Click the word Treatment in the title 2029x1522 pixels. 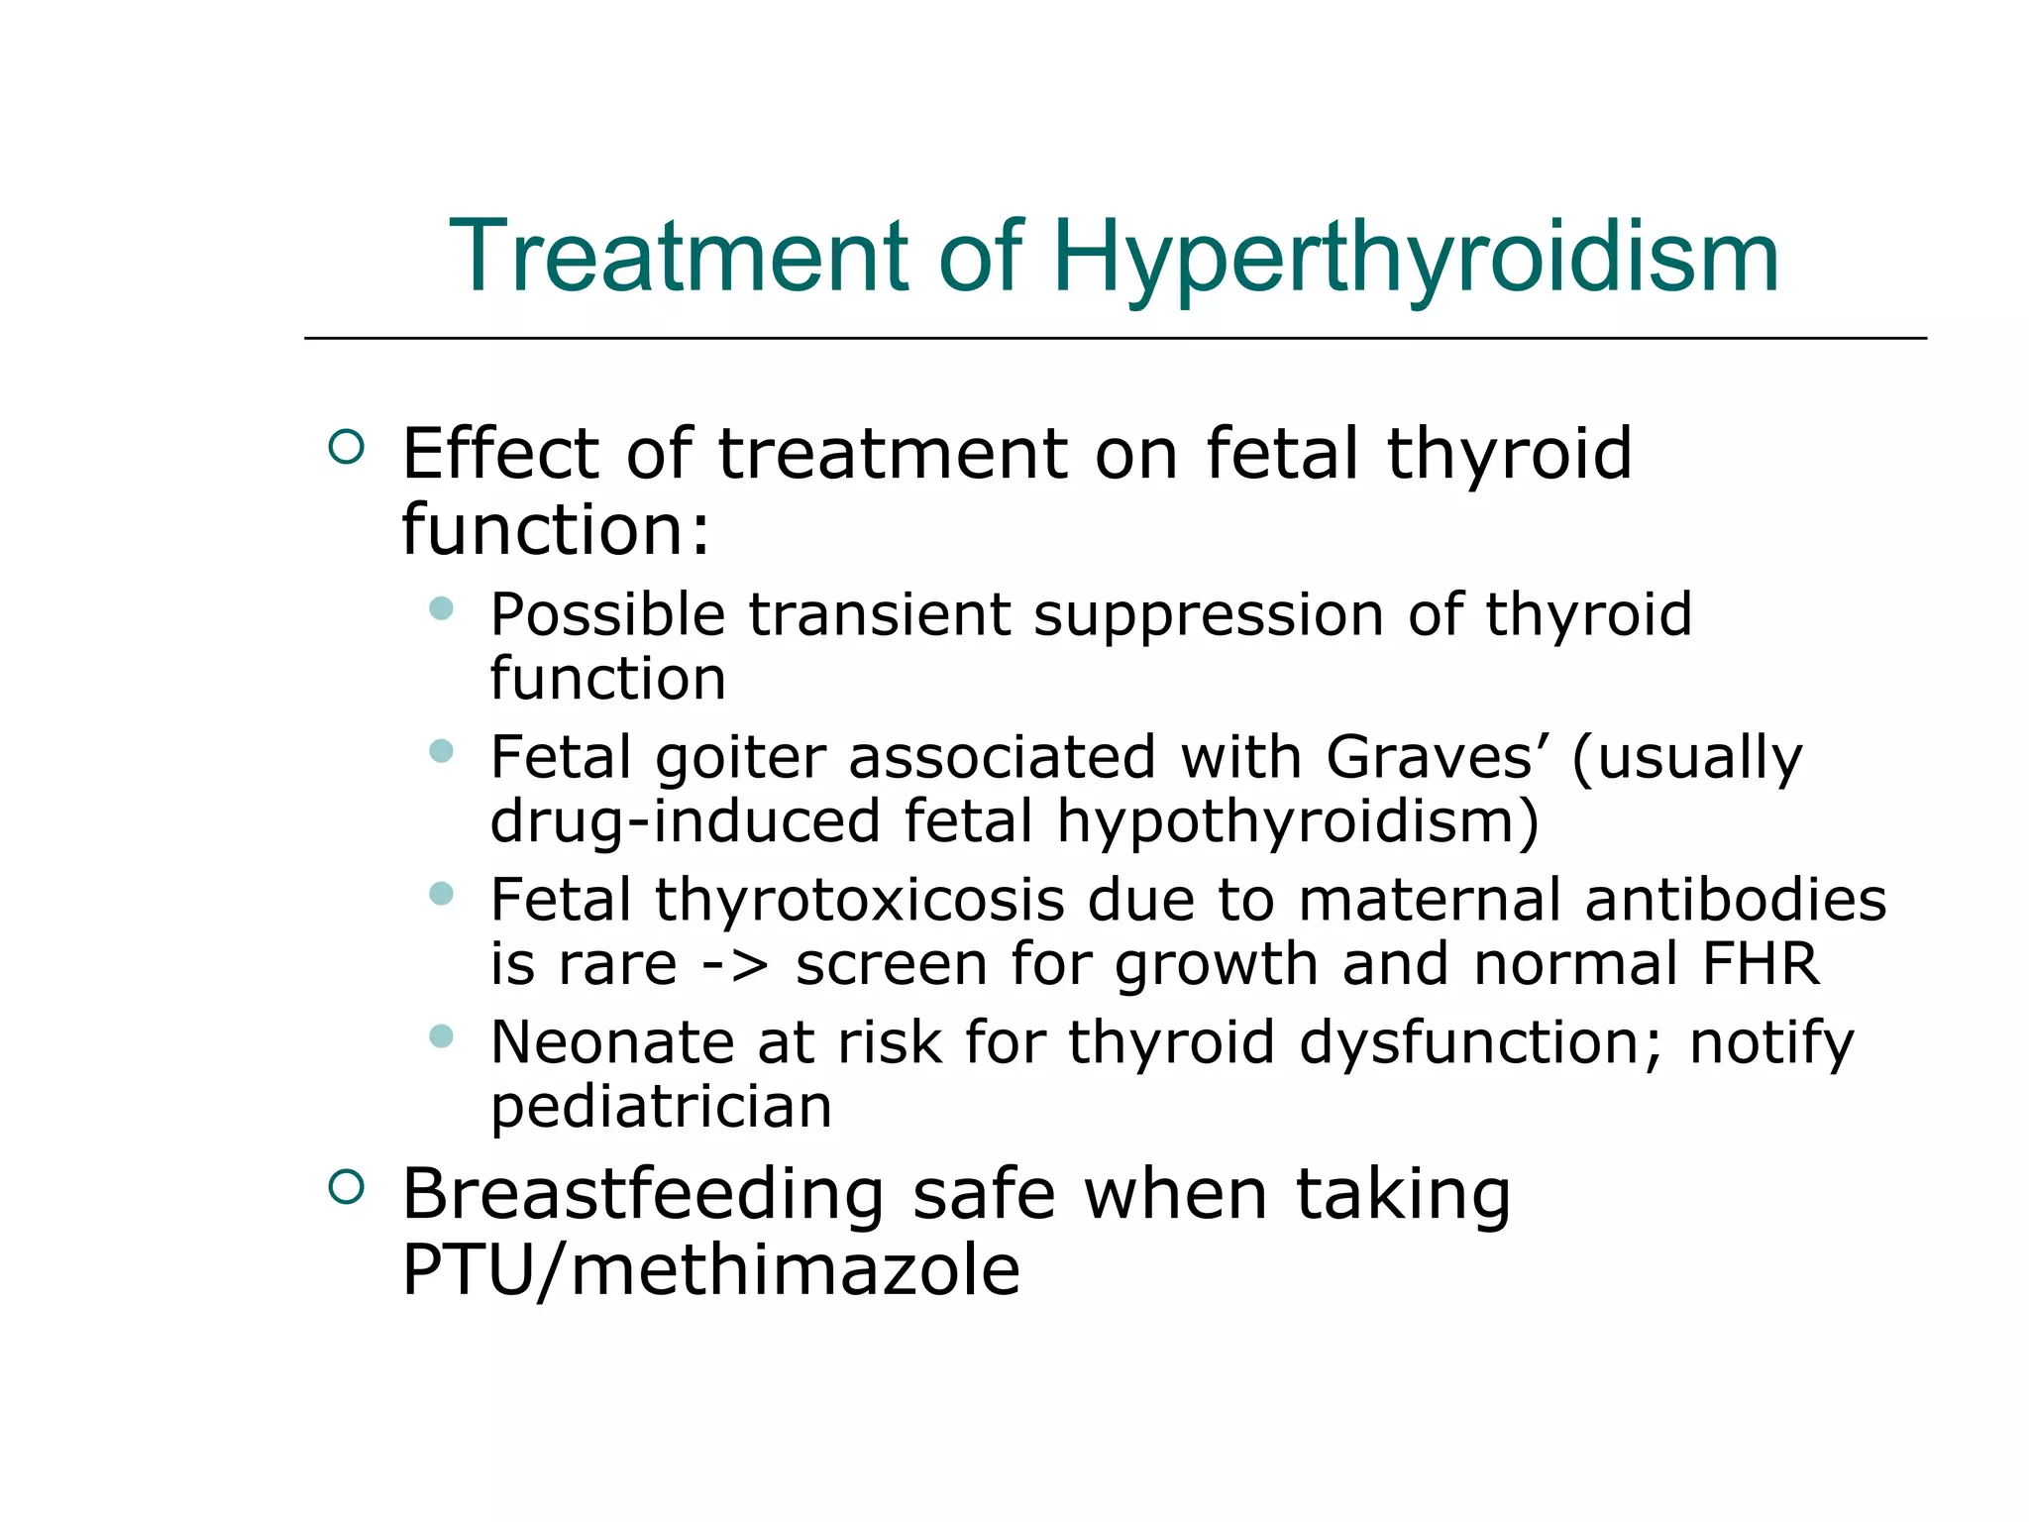[679, 258]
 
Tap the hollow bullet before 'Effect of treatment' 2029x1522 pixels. [346, 447]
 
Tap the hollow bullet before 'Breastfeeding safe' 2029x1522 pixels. [346, 1186]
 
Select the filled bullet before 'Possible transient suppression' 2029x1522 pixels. [442, 607]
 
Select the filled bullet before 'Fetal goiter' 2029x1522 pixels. [442, 751]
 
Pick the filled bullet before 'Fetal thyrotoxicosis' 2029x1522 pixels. [442, 894]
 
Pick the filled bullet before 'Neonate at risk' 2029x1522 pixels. [442, 1036]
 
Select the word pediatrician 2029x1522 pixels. [661, 1107]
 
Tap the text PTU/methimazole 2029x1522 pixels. [710, 1270]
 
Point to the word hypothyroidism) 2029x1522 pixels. [1298, 822]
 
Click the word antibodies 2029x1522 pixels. [1735, 901]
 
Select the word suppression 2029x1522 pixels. [1208, 616]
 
